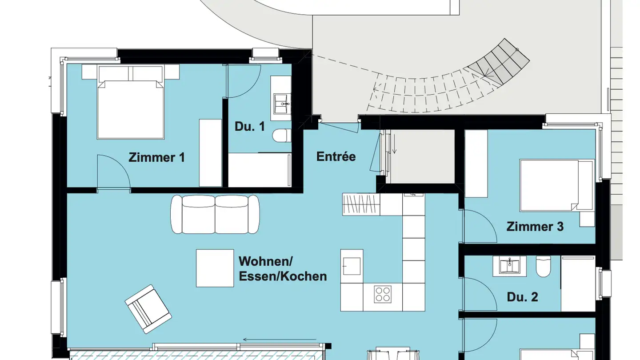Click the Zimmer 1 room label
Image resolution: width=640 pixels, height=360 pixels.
[x=156, y=157]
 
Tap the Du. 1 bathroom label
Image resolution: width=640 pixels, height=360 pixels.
[x=249, y=126]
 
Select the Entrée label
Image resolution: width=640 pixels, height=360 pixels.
[x=336, y=156]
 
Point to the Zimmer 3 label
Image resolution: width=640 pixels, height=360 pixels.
[x=535, y=227]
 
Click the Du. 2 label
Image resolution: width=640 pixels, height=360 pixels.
[x=522, y=297]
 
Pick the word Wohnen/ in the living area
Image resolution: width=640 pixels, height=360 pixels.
[x=266, y=260]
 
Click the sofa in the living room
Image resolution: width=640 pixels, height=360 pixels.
[x=215, y=214]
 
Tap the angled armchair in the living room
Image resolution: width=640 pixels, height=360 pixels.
[x=148, y=309]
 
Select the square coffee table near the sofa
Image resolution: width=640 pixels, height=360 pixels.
[x=215, y=268]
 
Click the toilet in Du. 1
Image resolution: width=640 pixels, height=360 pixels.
[x=281, y=136]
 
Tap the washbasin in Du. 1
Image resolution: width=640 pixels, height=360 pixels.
[x=281, y=104]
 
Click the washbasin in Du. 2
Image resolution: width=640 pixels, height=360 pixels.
[x=509, y=266]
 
